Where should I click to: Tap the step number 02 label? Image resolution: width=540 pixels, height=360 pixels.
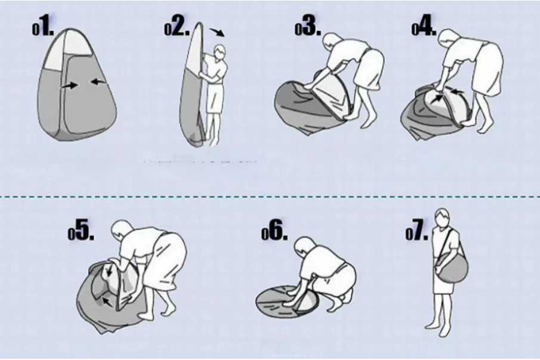[x=177, y=28]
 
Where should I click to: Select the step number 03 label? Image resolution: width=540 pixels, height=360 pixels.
[x=308, y=28]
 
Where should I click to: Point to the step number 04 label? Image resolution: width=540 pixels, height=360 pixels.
[x=424, y=28]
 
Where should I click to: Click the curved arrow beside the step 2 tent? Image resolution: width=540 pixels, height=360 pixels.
[x=218, y=32]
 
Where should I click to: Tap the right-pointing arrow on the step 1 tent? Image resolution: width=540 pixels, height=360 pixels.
[x=70, y=85]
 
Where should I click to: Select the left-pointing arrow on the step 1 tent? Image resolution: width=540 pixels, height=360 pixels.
[x=98, y=82]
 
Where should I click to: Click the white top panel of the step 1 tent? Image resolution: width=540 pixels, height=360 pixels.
[x=68, y=50]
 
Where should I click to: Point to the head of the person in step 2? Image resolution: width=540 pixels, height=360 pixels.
[x=219, y=52]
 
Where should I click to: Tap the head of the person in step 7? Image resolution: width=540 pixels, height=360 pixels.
[x=441, y=218]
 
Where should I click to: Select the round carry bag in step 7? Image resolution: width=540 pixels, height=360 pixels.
[x=452, y=266]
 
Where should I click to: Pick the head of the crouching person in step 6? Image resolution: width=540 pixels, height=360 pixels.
[x=304, y=247]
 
